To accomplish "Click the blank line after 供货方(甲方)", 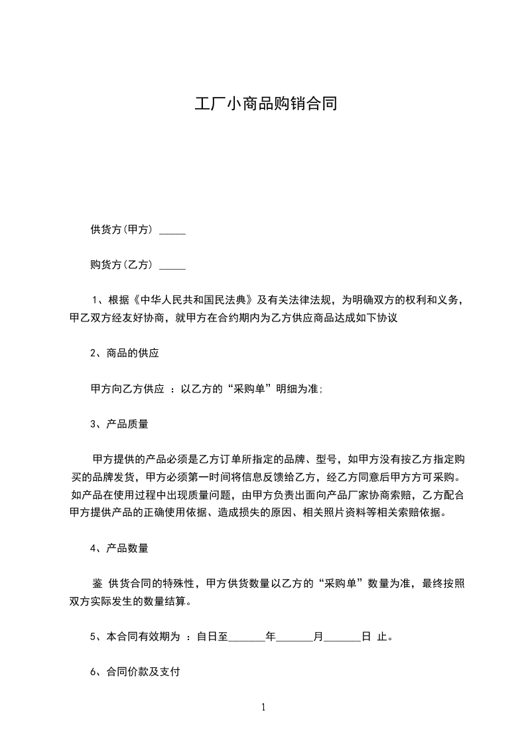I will click(173, 232).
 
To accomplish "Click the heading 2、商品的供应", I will click(125, 353).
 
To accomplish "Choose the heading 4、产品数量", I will click(119, 548).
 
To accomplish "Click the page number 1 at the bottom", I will click(263, 707).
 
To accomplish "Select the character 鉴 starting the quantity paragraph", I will click(97, 584).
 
